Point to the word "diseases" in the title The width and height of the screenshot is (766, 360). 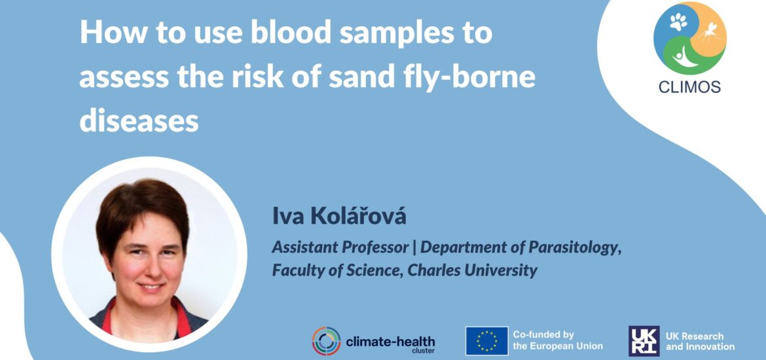tap(139, 120)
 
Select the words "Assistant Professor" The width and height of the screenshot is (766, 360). tap(342, 247)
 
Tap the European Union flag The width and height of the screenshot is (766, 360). tap(486, 340)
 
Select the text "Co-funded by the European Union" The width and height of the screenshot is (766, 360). tap(557, 340)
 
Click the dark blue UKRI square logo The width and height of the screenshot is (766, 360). tap(644, 340)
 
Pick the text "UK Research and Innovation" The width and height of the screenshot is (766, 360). tap(700, 341)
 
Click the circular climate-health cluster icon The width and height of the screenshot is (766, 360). tap(326, 341)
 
